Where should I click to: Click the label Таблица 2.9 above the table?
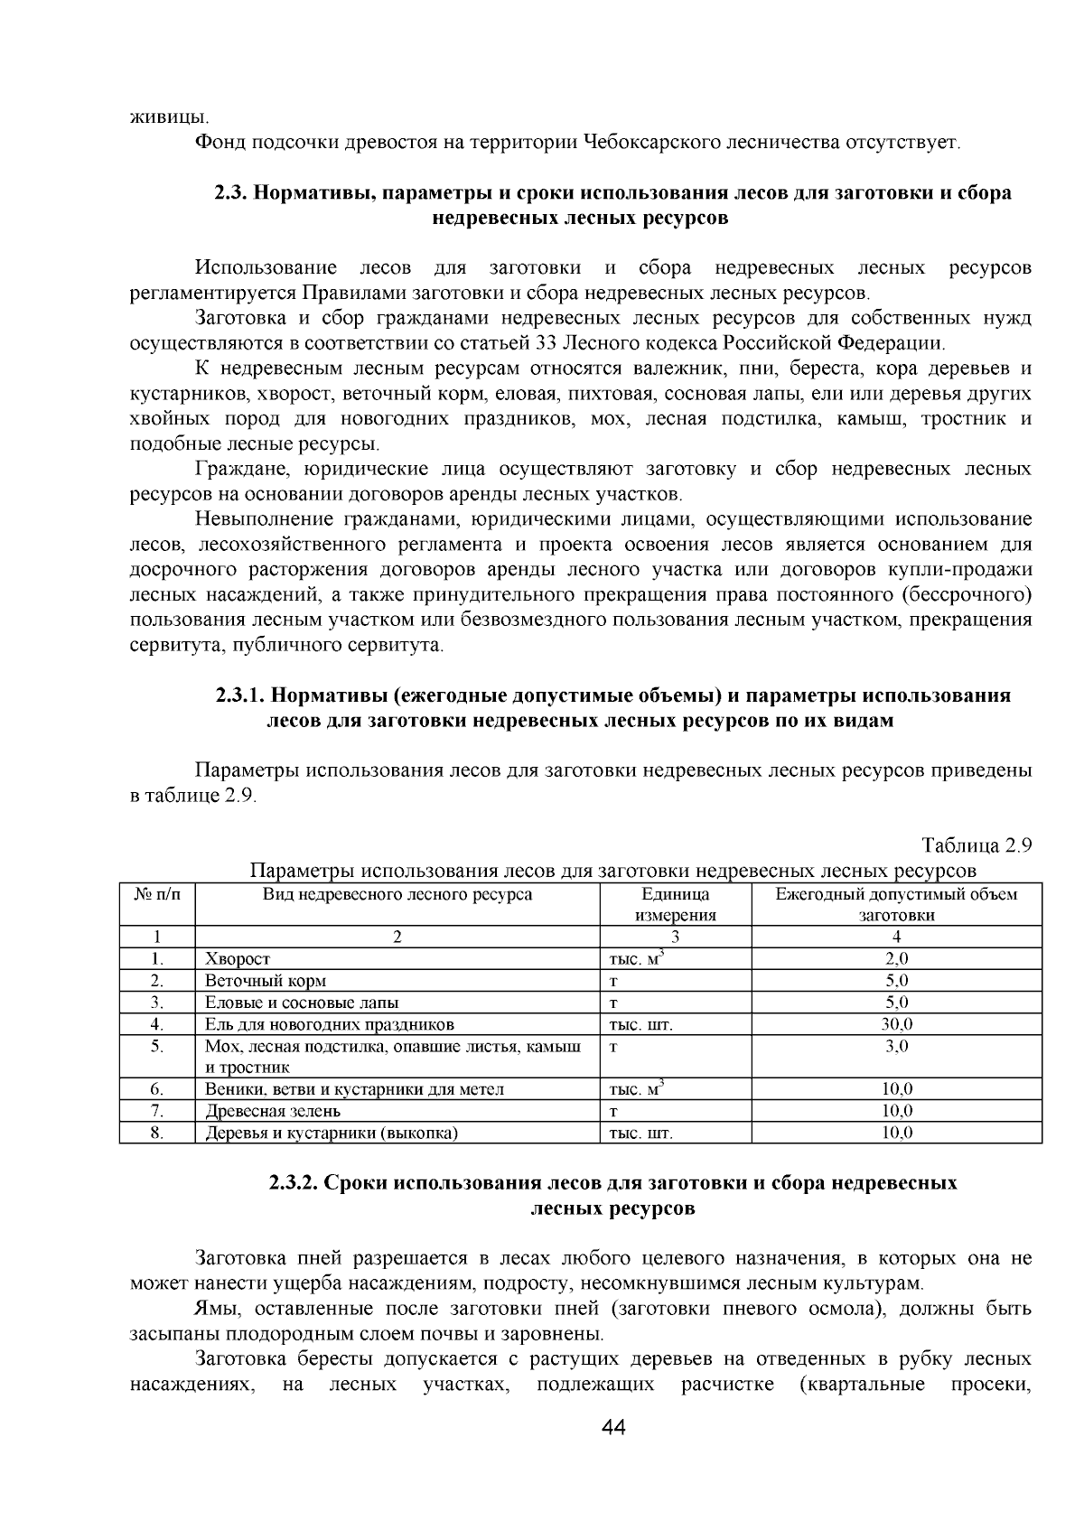(976, 846)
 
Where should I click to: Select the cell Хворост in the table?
(238, 959)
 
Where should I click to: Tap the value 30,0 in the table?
(896, 1024)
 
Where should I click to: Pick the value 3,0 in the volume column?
(896, 1046)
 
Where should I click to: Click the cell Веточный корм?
(266, 981)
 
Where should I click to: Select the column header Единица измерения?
(675, 904)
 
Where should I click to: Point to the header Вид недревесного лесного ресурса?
(397, 894)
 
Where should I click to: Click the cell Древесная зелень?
(273, 1111)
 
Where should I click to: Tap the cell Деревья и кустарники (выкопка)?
(331, 1133)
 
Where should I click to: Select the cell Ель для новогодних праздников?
(329, 1024)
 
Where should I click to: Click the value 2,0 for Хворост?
(896, 959)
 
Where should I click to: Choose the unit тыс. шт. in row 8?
(641, 1133)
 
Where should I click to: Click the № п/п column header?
(157, 894)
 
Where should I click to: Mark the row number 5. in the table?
(157, 1046)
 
